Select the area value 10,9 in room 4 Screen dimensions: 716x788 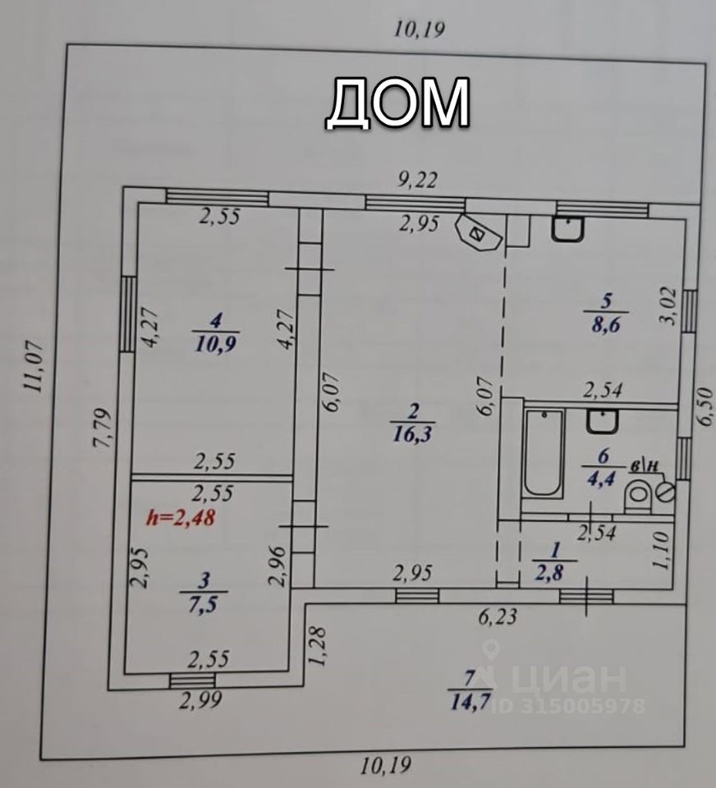coord(216,344)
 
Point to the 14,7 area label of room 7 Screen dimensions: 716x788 coord(470,702)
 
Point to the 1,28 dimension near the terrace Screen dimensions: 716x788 coord(320,647)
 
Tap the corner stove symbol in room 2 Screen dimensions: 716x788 coord(480,233)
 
